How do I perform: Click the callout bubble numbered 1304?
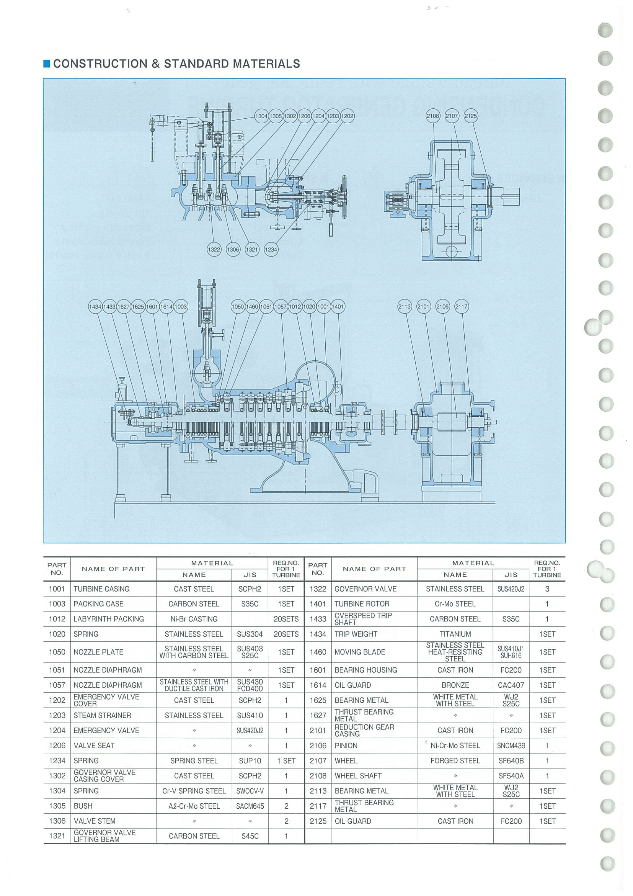tap(261, 116)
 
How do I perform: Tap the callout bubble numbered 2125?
tap(471, 116)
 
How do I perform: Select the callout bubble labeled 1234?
tap(271, 249)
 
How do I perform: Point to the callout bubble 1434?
tap(95, 307)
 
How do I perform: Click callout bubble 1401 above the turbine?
tap(338, 307)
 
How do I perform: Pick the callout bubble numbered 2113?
tap(405, 307)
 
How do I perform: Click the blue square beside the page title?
tap(47, 64)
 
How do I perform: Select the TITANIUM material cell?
tap(455, 634)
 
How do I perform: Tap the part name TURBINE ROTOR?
tap(362, 604)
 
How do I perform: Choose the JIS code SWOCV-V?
tap(250, 791)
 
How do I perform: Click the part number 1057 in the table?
tap(57, 685)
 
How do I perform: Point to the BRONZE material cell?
tap(455, 685)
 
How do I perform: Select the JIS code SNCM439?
tap(511, 746)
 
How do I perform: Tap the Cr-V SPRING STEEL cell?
tap(194, 791)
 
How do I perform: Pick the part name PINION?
tap(346, 746)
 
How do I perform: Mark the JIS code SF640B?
tap(511, 760)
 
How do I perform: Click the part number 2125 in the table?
tap(318, 821)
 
